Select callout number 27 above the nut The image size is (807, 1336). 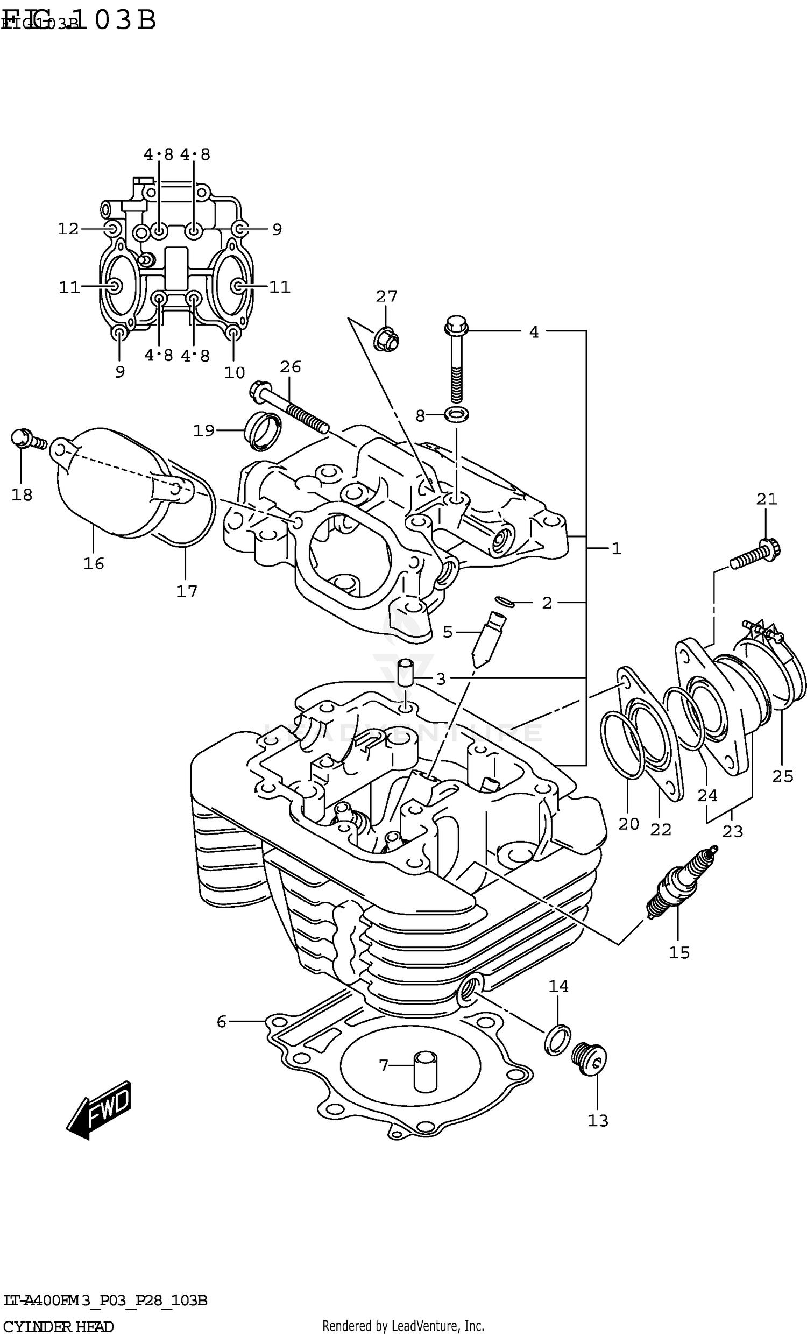(x=386, y=296)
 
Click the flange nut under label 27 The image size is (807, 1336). (x=386, y=339)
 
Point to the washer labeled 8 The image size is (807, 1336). (x=456, y=415)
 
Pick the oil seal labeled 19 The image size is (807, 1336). (x=265, y=431)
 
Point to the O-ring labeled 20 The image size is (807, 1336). (x=621, y=746)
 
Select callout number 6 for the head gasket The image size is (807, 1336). (x=221, y=1022)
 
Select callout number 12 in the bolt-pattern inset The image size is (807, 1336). (x=68, y=229)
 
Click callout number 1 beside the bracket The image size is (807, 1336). (x=616, y=549)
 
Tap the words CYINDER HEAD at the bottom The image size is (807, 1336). (x=59, y=1326)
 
